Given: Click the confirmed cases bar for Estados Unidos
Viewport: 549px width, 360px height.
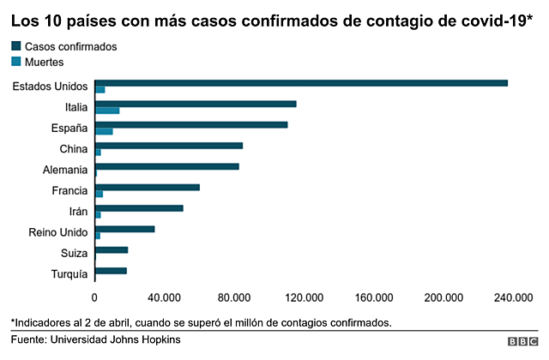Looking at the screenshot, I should (x=301, y=83).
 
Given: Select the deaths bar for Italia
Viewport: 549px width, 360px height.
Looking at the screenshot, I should (x=107, y=111).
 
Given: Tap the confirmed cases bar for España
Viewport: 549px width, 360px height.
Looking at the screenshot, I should (x=191, y=124).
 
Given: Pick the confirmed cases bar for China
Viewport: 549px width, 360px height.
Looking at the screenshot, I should (x=169, y=146).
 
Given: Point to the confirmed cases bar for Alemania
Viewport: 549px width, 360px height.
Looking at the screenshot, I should (x=167, y=166).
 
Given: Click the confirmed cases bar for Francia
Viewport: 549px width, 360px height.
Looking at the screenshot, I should (x=147, y=187).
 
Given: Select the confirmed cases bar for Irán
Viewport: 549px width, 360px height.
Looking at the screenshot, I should (x=139, y=207).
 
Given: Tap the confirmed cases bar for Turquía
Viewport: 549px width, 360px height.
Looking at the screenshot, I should (x=111, y=271).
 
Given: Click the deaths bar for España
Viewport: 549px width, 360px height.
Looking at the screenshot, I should (x=104, y=131).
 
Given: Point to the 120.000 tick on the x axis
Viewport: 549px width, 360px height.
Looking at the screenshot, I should (x=304, y=297).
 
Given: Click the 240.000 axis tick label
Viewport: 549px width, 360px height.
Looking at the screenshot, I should (x=513, y=297).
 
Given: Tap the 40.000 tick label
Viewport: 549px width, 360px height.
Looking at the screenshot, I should (x=164, y=297).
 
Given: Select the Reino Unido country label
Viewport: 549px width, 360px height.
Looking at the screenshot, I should (x=57, y=232).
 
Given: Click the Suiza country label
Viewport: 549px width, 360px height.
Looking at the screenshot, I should (x=74, y=253).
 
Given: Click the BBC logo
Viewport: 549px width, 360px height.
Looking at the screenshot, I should (x=522, y=341).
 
